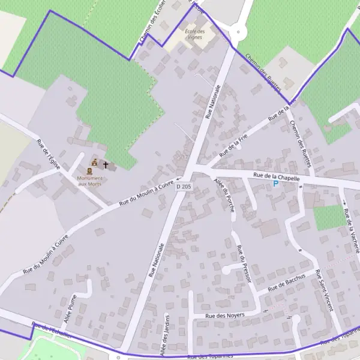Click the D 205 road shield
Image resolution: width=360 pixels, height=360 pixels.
[184, 187]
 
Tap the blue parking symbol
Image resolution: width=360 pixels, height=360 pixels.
[276, 184]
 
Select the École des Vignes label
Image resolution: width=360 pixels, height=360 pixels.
[194, 34]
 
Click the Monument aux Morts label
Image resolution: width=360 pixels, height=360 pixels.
[90, 181]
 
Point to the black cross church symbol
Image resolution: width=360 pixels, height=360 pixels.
[106, 164]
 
